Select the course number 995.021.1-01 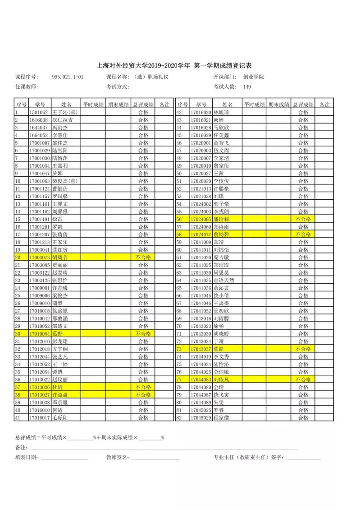pos(68,77)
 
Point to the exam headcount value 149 pos(247,87)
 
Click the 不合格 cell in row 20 pos(143,257)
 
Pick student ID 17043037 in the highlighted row pos(201,349)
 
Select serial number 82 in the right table pos(179,418)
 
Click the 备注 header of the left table pos(164,105)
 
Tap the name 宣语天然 pos(223,280)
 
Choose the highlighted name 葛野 pos(58,333)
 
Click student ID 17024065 pos(201,219)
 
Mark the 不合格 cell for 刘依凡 pos(303,380)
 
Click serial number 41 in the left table pos(18,418)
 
